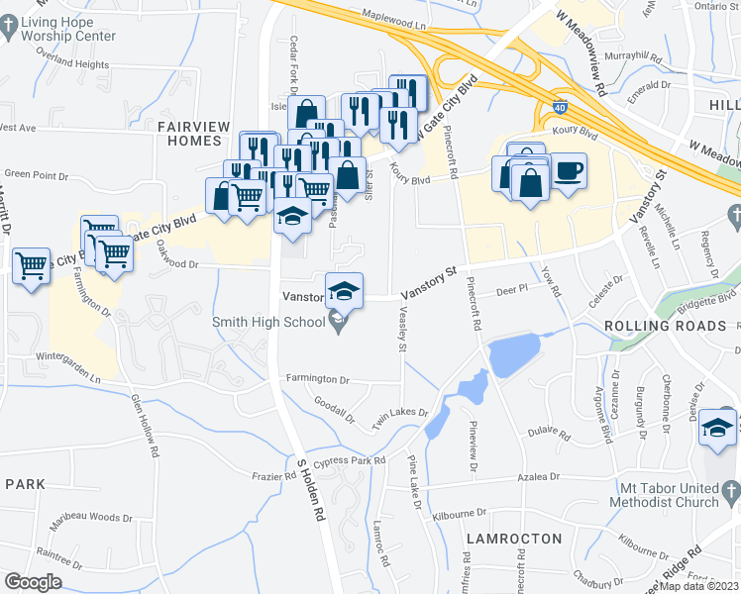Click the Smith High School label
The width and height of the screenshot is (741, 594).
[269, 321]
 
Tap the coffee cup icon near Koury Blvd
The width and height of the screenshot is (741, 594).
[569, 170]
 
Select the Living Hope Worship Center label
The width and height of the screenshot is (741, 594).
[67, 29]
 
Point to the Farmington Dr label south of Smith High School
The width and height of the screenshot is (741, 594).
[318, 379]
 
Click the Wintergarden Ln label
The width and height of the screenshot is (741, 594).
[69, 378]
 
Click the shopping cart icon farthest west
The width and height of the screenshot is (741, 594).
[32, 264]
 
